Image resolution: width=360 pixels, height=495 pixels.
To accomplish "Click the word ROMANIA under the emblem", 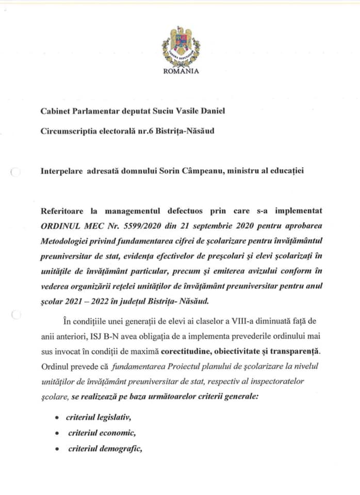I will coord(181,72).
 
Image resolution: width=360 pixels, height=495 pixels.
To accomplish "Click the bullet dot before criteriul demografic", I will coord(58,449).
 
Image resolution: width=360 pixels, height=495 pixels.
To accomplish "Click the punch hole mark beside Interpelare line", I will coord(15,173).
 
